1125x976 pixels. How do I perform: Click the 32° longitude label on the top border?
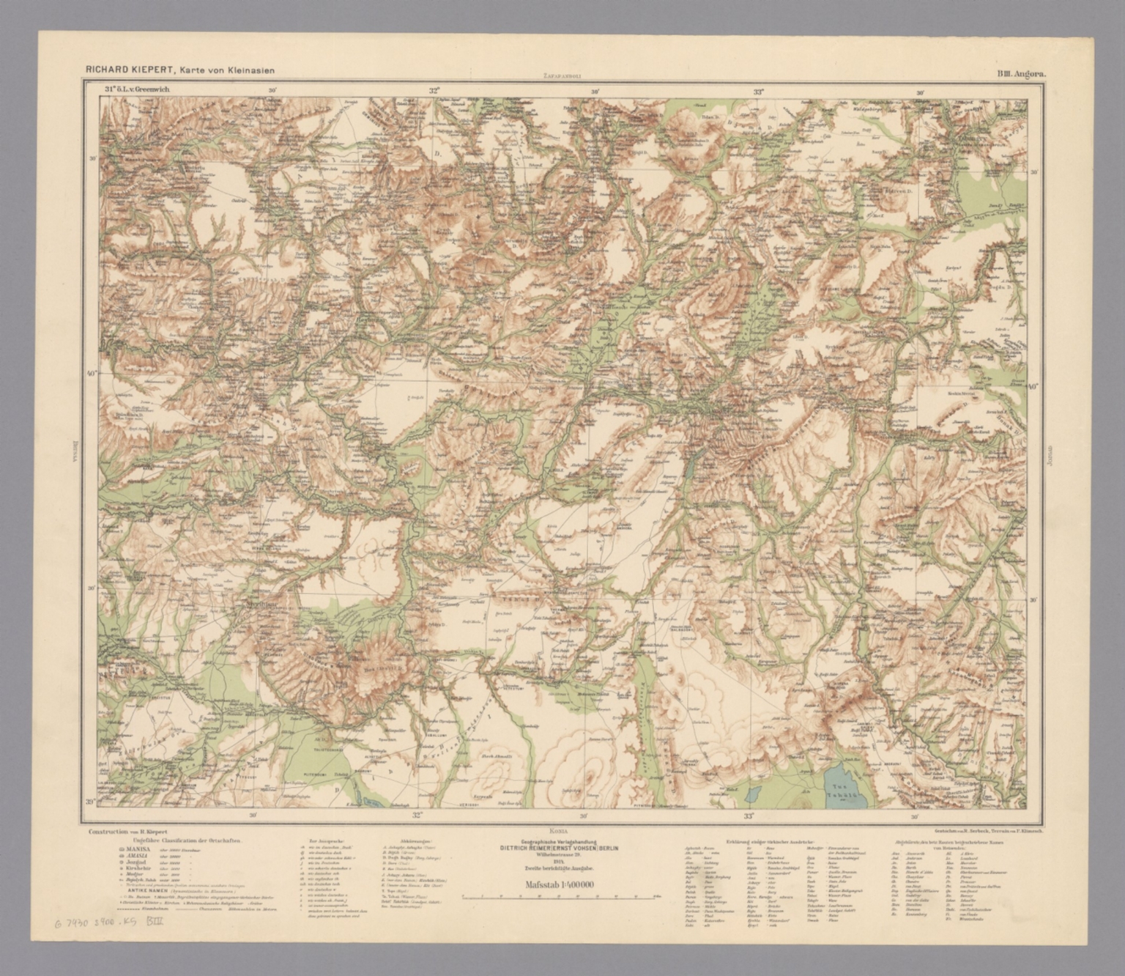coord(434,92)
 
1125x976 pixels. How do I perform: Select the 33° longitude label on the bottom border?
coord(749,815)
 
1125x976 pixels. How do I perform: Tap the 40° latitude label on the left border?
coord(93,373)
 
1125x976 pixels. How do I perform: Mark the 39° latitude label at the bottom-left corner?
coord(91,802)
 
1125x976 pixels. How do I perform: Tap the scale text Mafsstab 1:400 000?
coord(559,884)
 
